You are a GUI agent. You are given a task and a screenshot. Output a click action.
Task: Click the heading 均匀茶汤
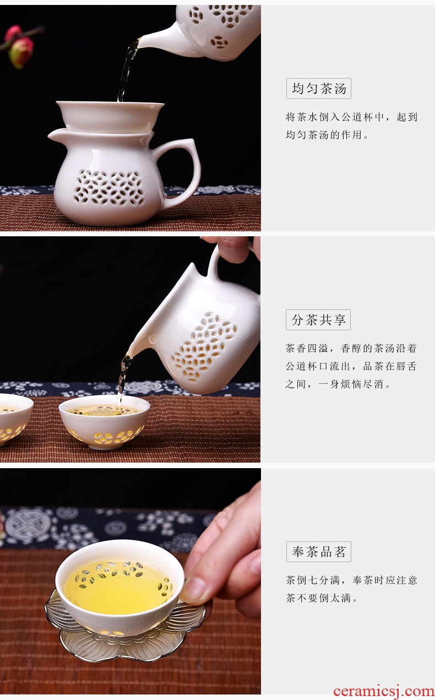pos(319,89)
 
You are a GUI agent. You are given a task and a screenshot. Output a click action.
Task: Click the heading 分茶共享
pos(318,319)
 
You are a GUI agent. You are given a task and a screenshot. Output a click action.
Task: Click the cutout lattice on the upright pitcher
pos(110,187)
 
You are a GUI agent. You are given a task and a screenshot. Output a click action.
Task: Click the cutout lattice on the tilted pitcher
pos(205,347)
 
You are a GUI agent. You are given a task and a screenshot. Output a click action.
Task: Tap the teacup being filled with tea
pos(105,422)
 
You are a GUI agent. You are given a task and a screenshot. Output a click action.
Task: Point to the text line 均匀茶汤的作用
pos(327,135)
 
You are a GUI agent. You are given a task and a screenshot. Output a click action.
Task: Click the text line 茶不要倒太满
pos(322,598)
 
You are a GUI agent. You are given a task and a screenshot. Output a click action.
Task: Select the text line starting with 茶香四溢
pos(351,348)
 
